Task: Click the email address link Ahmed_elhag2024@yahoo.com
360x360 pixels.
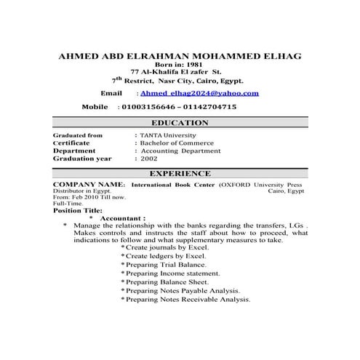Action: click(x=199, y=94)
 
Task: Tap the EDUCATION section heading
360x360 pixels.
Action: click(x=180, y=123)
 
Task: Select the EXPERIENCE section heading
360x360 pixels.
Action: click(x=180, y=174)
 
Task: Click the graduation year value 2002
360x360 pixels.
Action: click(x=148, y=158)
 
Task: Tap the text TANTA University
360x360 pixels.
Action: click(x=169, y=135)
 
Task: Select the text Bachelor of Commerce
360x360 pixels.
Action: click(x=178, y=143)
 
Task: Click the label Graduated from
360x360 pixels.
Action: click(x=78, y=135)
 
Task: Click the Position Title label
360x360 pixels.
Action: click(x=78, y=210)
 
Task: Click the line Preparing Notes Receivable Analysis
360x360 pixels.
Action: click(x=188, y=299)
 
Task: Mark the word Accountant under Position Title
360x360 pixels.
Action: click(x=122, y=217)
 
